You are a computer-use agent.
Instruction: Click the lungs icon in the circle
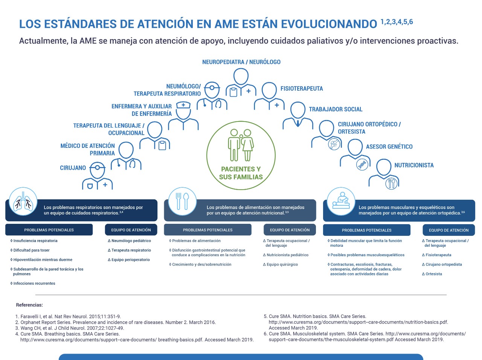pyautogui.click(x=23, y=201)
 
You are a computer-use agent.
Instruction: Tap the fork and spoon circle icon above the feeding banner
pyautogui.click(x=182, y=201)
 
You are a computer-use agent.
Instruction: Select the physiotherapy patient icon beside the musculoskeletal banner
pyautogui.click(x=341, y=201)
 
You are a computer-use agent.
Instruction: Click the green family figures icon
pyautogui.click(x=241, y=145)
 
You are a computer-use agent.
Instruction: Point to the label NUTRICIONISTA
pyautogui.click(x=414, y=165)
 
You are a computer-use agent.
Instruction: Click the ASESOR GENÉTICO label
pyautogui.click(x=389, y=147)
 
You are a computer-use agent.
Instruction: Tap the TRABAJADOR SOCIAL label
pyautogui.click(x=336, y=109)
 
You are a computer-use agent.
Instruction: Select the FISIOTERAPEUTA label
pyautogui.click(x=302, y=89)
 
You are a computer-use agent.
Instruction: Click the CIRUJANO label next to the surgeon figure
pyautogui.click(x=73, y=168)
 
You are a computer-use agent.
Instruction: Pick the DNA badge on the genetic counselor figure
pyautogui.click(x=362, y=164)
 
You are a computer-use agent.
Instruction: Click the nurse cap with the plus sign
pyautogui.click(x=183, y=105)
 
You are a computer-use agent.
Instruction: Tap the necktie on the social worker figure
pyautogui.click(x=298, y=123)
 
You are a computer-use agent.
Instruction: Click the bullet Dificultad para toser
pyautogui.click(x=30, y=250)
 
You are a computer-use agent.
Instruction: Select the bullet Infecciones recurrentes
pyautogui.click(x=33, y=283)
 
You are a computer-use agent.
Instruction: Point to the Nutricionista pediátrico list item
pyautogui.click(x=286, y=255)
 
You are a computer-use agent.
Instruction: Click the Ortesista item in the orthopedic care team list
pyautogui.click(x=432, y=274)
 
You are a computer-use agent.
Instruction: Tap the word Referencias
pyautogui.click(x=29, y=305)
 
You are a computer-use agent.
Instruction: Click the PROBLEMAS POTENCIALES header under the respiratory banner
pyautogui.click(x=49, y=230)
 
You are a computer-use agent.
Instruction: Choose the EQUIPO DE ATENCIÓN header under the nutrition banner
pyautogui.click(x=290, y=230)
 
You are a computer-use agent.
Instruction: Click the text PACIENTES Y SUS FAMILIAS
pyautogui.click(x=241, y=173)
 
